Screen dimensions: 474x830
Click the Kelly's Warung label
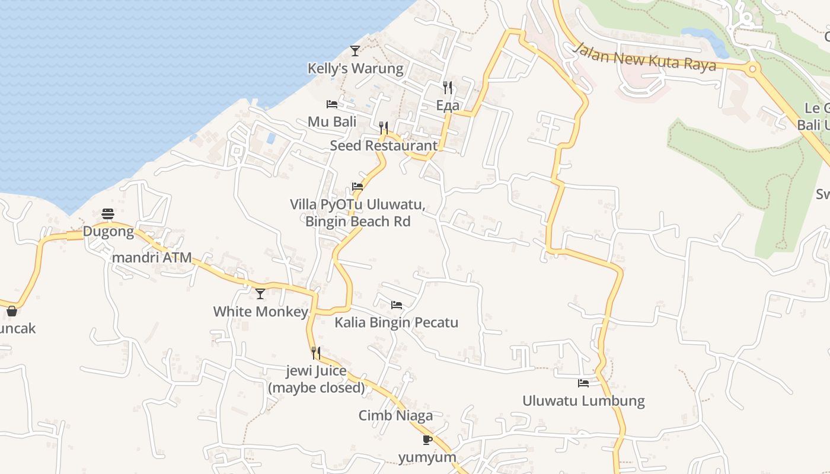tap(355, 69)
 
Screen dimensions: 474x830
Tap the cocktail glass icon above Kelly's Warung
tap(355, 51)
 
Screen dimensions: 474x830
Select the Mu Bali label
tap(332, 122)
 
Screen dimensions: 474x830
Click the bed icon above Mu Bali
tap(332, 104)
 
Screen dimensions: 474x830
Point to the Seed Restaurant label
tap(384, 146)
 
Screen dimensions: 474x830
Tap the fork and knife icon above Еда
tap(448, 88)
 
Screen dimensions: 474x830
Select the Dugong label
tap(108, 232)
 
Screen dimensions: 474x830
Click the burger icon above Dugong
tap(107, 214)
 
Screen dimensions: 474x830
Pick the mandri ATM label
tap(152, 258)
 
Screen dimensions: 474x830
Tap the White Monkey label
tap(261, 312)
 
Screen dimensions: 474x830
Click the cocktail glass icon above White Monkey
tap(260, 294)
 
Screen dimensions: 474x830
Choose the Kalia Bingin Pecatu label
tap(397, 323)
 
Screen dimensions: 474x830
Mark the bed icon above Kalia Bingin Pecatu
tap(397, 305)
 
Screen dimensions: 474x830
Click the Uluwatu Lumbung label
tap(583, 401)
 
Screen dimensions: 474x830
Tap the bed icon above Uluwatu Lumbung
tap(583, 383)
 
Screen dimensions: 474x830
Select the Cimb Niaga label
tap(395, 416)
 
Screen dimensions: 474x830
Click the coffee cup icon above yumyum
tap(427, 440)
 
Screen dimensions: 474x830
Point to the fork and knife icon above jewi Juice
tap(316, 353)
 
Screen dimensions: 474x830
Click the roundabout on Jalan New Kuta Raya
tap(753, 69)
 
